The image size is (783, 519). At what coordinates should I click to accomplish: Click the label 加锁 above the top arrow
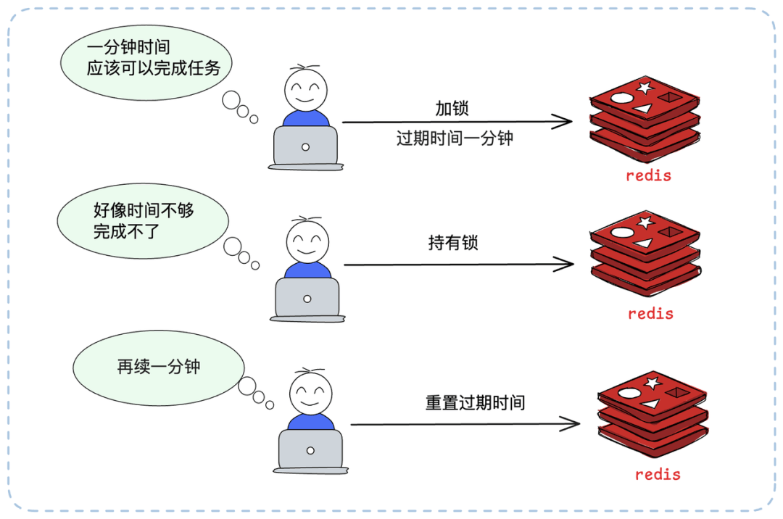tap(452, 109)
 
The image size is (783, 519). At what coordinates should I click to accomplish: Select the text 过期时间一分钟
tap(455, 138)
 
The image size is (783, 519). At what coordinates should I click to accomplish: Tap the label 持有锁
tap(453, 244)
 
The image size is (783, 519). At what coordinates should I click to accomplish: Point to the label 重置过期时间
tap(475, 403)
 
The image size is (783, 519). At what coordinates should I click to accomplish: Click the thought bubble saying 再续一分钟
tap(159, 367)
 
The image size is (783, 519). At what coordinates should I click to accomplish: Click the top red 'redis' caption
tap(649, 175)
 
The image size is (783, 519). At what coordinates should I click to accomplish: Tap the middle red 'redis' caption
tap(650, 314)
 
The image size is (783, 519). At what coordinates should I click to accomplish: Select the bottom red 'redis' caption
tap(658, 475)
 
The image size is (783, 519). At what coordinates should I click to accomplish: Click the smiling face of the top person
tap(305, 91)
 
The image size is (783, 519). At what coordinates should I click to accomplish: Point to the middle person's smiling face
tap(307, 242)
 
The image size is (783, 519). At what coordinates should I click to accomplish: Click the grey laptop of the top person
tap(305, 146)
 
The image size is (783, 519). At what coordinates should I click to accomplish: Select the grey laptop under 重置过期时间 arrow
tap(310, 450)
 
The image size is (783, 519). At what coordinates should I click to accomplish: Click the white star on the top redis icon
tap(643, 88)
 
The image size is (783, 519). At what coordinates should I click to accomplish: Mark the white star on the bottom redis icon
tap(652, 383)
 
